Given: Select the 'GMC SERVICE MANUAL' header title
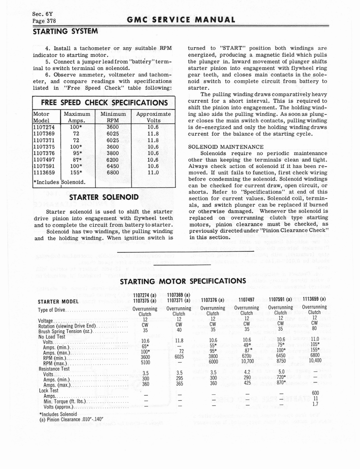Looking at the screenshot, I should (x=180, y=20).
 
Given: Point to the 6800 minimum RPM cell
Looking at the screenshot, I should (x=113, y=173).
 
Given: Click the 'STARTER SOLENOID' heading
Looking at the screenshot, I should (x=103, y=198).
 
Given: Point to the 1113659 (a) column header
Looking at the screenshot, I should (x=314, y=299).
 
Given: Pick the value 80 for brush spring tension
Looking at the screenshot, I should (x=315, y=328).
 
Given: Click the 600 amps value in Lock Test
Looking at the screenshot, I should (x=315, y=393).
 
